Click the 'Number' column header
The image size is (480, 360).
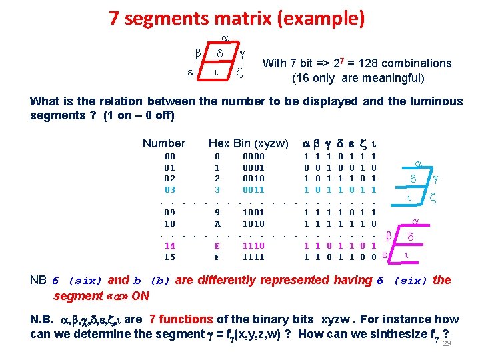tap(164, 143)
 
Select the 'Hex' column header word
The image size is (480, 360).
tap(219, 143)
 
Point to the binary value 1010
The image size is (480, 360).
tap(253, 224)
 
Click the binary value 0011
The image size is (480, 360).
tap(253, 190)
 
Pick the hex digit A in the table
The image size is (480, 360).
tap(217, 224)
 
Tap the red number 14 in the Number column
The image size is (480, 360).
tap(170, 246)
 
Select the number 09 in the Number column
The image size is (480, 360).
tap(170, 213)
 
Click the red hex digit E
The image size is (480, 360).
tap(217, 246)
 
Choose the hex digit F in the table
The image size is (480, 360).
tap(217, 257)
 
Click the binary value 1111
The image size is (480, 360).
tap(253, 257)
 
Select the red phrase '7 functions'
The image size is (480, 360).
tap(181, 319)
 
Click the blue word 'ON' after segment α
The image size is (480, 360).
tap(140, 295)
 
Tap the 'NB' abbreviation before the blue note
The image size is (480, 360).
tap(39, 280)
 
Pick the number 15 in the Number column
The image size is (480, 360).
tap(170, 257)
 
